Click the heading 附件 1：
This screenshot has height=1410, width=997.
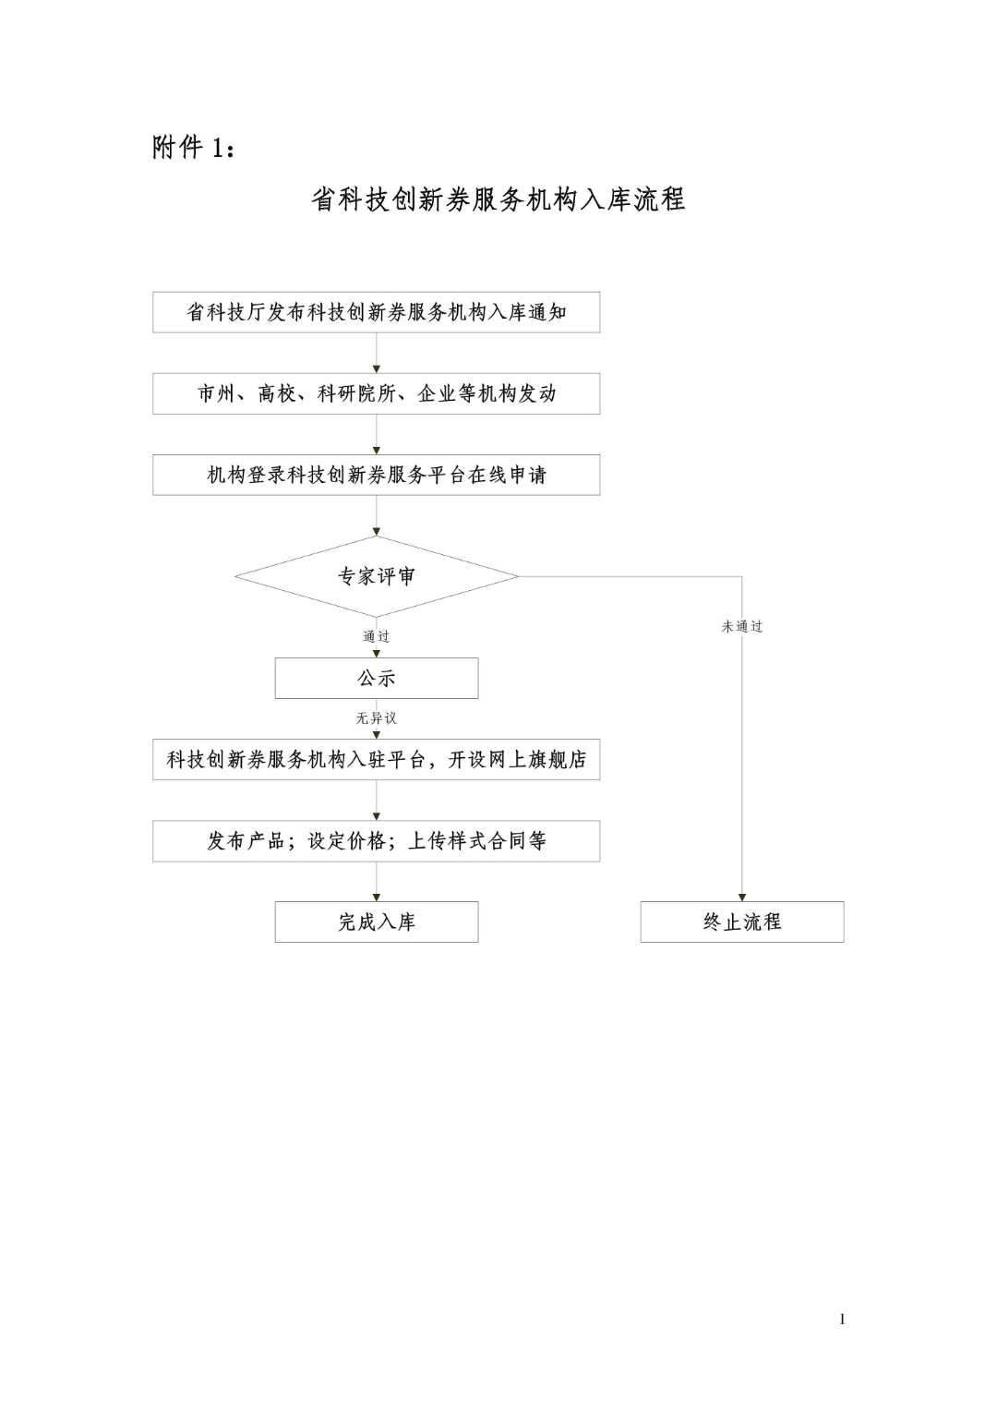click(194, 148)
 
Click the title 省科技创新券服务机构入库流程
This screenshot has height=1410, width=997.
click(498, 199)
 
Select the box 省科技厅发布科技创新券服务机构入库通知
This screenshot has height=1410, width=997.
click(376, 312)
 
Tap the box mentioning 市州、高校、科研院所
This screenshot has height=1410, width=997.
click(376, 393)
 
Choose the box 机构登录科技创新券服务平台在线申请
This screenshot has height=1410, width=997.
click(376, 475)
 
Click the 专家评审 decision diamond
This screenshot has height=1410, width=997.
click(376, 576)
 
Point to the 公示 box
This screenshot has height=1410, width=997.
click(377, 678)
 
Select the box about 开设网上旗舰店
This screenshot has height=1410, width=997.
click(376, 760)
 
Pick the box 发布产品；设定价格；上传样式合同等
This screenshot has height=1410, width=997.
click(376, 841)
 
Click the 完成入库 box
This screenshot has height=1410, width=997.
click(377, 922)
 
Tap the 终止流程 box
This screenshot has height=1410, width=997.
click(742, 922)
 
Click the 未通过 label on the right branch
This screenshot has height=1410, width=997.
click(742, 626)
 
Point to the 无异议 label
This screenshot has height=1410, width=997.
click(377, 718)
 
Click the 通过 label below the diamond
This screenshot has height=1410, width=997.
click(377, 636)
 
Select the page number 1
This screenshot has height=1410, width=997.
click(842, 1319)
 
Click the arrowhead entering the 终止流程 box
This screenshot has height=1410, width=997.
click(742, 898)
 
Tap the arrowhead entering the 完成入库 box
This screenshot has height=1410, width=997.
click(377, 898)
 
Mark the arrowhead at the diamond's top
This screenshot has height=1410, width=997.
click(377, 532)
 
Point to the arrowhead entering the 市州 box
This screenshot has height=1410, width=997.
click(377, 369)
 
